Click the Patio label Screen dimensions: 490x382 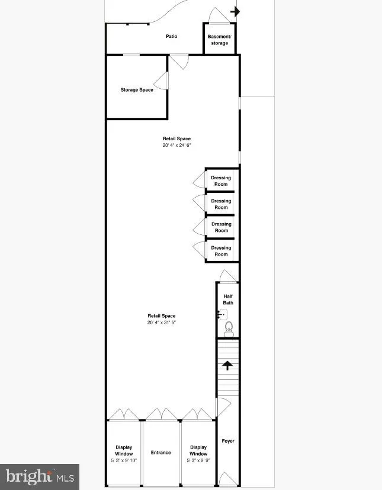coord(171,37)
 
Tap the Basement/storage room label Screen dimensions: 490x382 coord(219,40)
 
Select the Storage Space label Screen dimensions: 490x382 coord(137,90)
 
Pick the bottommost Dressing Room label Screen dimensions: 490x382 coord(221,251)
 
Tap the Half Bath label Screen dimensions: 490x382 coord(228,299)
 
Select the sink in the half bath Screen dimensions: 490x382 coord(223,314)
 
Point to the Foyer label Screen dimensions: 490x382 coord(228,441)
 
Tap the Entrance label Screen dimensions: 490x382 coord(160,453)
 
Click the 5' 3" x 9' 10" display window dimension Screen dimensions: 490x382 coord(124,460)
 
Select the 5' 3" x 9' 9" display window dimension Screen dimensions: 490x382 coord(198,460)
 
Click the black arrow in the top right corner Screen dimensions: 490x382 coord(235,11)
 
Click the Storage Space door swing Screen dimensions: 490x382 coord(161,81)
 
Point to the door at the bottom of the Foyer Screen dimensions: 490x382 coord(226,478)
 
